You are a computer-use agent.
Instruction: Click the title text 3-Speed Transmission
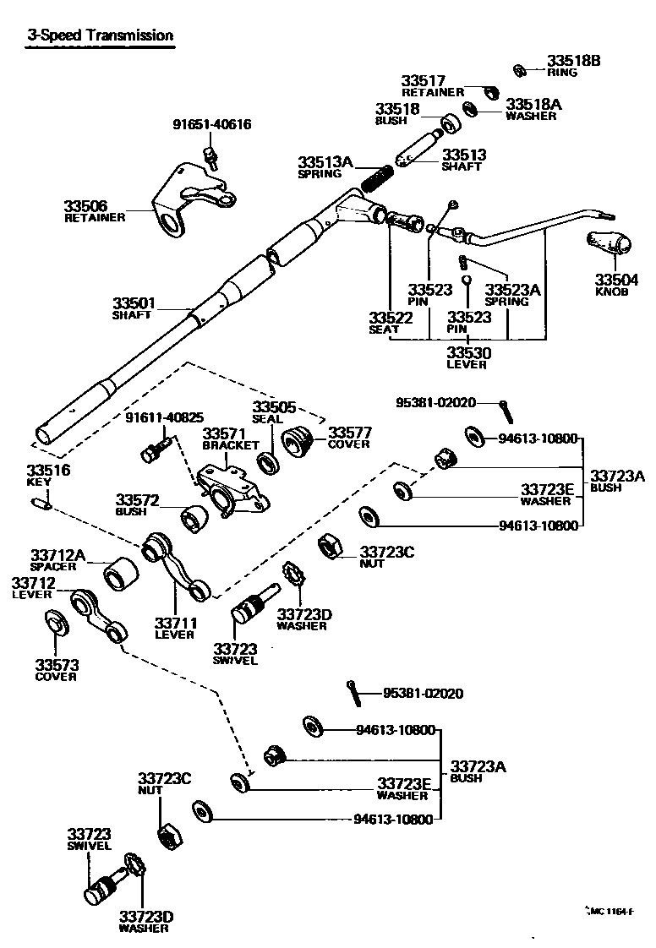pyautogui.click(x=100, y=35)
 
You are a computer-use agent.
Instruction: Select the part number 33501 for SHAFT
pyautogui.click(x=134, y=302)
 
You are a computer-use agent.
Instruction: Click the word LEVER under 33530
pyautogui.click(x=467, y=364)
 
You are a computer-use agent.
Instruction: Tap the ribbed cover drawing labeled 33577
pyautogui.click(x=298, y=440)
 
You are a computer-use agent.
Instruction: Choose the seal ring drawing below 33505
pyautogui.click(x=268, y=462)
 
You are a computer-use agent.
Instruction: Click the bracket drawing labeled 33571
pyautogui.click(x=231, y=494)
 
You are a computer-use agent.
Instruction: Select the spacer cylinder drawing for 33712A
pyautogui.click(x=122, y=575)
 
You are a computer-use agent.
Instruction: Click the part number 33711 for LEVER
pyautogui.click(x=175, y=623)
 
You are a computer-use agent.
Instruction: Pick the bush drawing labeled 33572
pyautogui.click(x=195, y=519)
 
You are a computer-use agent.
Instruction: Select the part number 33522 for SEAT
pyautogui.click(x=390, y=318)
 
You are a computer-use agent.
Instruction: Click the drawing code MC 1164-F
pyautogui.click(x=611, y=911)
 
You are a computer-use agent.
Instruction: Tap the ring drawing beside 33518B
pyautogui.click(x=521, y=69)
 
